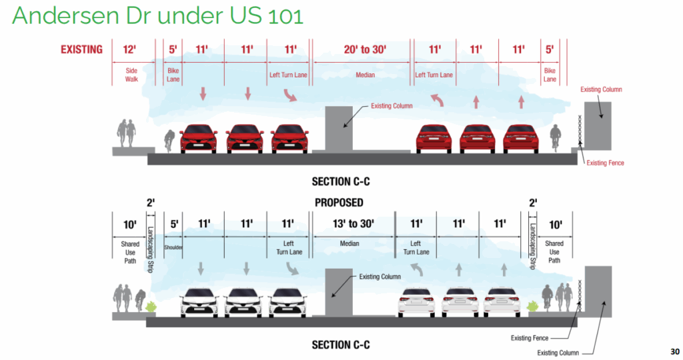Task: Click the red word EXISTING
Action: tap(81, 49)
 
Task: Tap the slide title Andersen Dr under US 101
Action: tap(157, 15)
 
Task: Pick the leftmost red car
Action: tap(198, 138)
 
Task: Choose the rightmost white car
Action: tap(502, 301)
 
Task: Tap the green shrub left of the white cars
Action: tap(151, 306)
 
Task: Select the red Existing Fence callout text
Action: tap(605, 163)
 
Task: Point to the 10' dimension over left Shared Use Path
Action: tap(129, 225)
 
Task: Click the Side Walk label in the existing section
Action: tap(131, 75)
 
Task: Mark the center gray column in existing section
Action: tap(337, 127)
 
